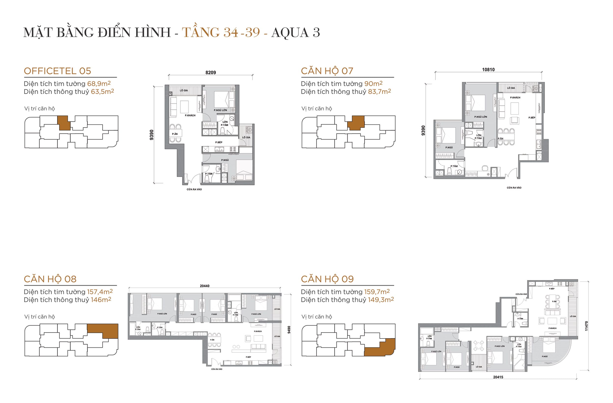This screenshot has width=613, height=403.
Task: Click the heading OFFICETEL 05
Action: [x=57, y=71]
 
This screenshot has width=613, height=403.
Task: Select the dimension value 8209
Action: [x=210, y=73]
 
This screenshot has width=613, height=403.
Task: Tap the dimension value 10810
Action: [x=488, y=70]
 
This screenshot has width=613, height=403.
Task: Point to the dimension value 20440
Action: [x=204, y=286]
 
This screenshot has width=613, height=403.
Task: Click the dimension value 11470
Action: [x=587, y=326]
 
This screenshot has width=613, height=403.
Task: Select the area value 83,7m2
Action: [x=379, y=91]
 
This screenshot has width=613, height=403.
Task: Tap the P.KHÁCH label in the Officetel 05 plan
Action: [x=190, y=116]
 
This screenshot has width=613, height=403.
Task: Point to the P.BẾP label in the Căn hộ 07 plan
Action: [x=532, y=117]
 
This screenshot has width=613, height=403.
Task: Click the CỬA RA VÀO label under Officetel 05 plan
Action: [x=194, y=189]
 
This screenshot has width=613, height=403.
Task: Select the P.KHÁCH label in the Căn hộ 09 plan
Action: [x=552, y=328]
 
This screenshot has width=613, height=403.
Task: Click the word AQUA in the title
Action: [x=290, y=33]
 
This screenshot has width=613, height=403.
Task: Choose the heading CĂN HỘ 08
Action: [x=50, y=279]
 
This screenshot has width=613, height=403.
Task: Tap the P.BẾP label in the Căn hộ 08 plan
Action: [x=248, y=357]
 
